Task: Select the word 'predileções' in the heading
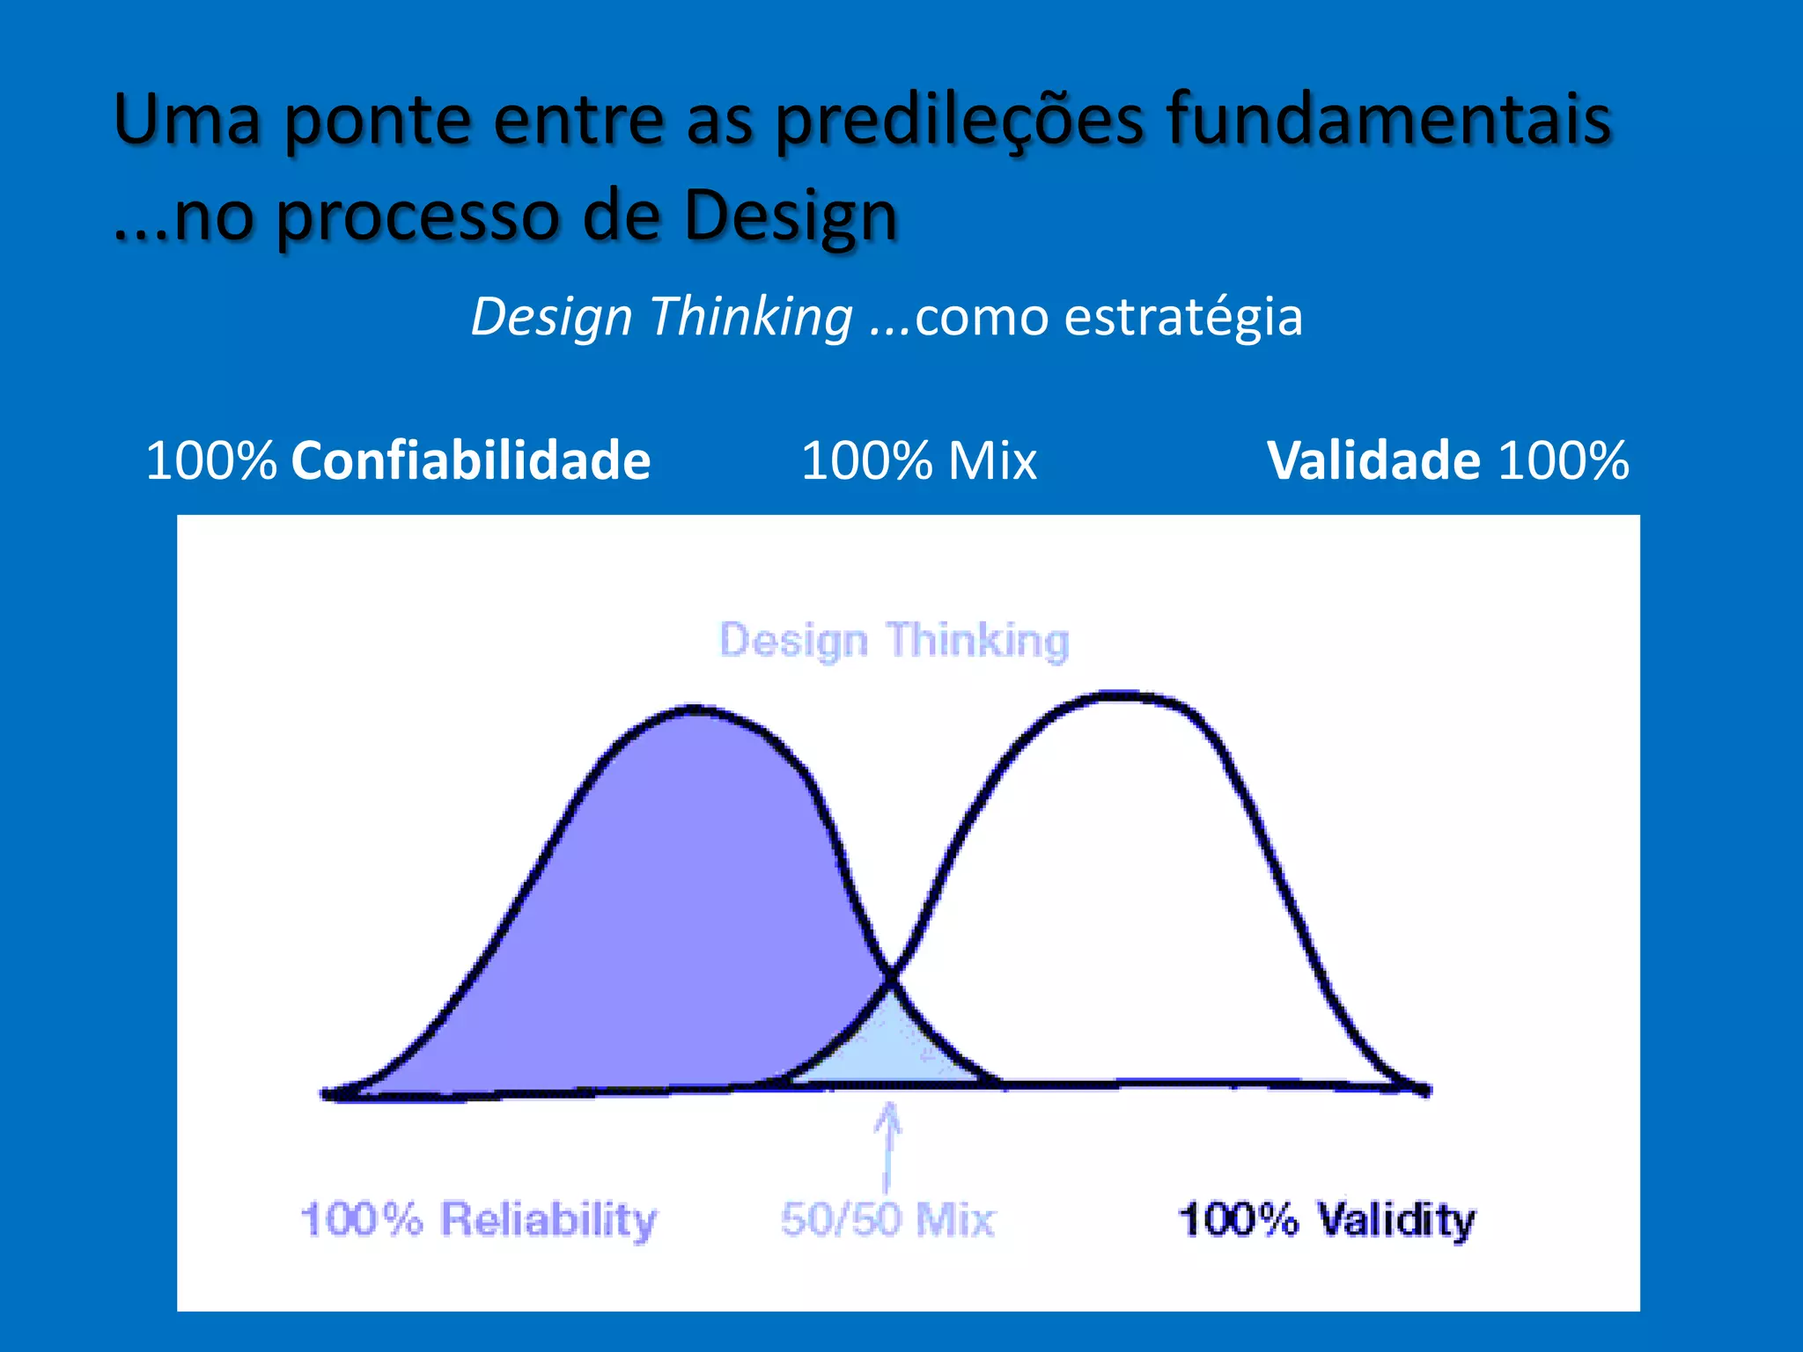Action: click(960, 121)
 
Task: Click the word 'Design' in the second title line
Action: click(790, 217)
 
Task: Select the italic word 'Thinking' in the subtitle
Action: click(751, 317)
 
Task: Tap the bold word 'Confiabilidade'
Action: click(470, 460)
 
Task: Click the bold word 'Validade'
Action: click(1373, 460)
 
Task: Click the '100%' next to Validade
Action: click(1564, 460)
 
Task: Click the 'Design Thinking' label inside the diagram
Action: click(894, 640)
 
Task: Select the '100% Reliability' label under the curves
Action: click(478, 1220)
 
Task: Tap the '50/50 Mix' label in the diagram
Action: click(887, 1220)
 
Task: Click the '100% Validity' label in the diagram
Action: click(1326, 1220)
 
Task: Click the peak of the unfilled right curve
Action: click(1122, 696)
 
